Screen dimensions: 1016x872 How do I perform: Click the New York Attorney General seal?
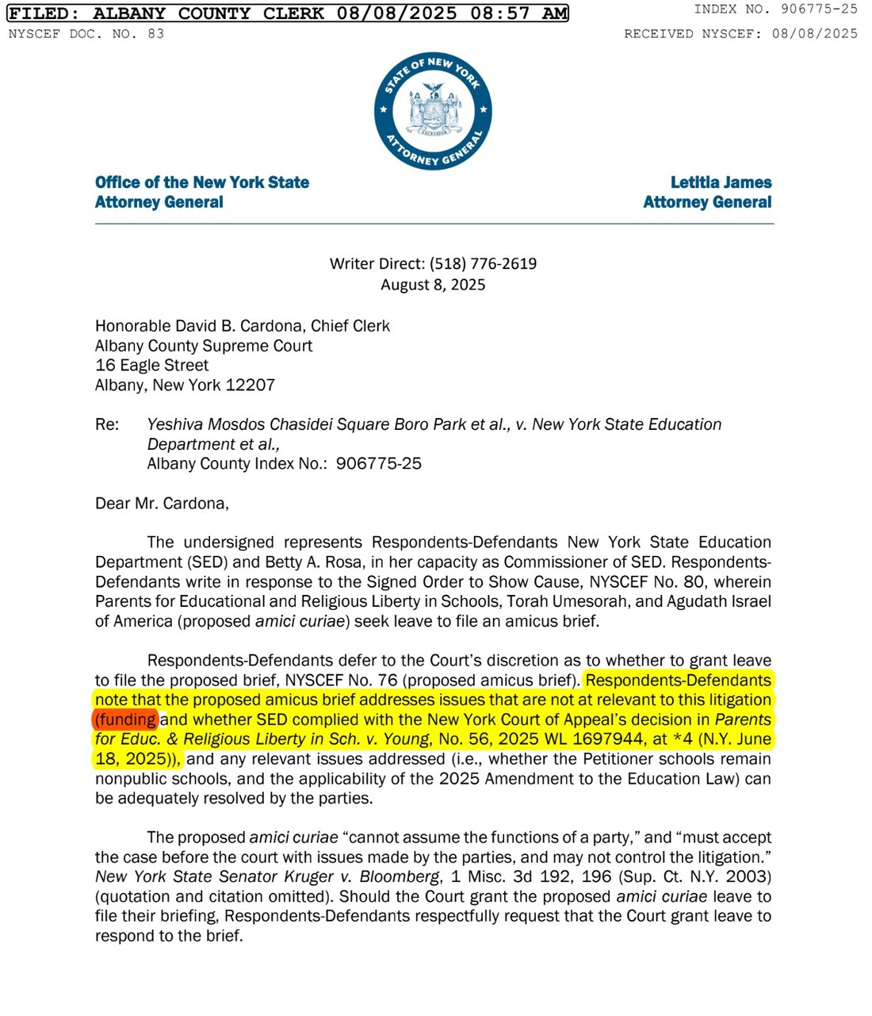433,111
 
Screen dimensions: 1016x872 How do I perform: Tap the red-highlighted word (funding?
126,719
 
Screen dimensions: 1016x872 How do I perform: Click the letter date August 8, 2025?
433,285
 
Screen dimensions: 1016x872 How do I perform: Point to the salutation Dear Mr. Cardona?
162,503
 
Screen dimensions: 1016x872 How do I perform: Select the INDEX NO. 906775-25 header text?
775,9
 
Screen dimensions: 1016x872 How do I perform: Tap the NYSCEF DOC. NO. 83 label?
86,33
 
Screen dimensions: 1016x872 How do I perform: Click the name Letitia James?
721,182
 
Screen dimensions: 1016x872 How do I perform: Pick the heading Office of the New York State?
202,182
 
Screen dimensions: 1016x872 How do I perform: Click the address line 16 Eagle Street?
151,365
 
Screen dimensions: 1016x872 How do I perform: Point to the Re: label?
107,424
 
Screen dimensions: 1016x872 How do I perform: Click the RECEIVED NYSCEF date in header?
814,33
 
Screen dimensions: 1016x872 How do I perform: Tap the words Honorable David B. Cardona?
199,325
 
